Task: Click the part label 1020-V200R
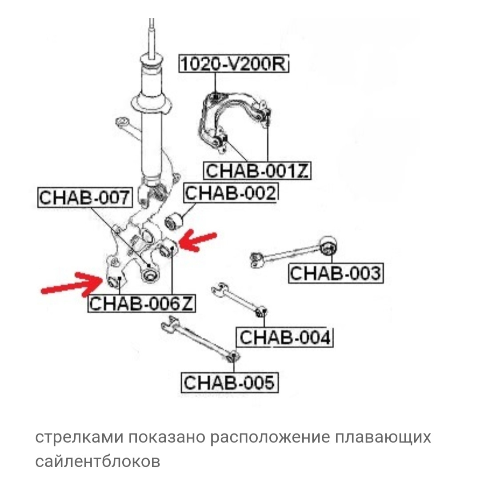233,65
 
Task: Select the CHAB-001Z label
256,170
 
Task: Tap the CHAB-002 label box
230,193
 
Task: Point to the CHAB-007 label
85,198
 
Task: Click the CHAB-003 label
335,273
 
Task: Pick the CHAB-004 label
285,338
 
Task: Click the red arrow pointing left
199,240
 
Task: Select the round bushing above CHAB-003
328,245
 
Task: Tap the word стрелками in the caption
79,438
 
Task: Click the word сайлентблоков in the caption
97,462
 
